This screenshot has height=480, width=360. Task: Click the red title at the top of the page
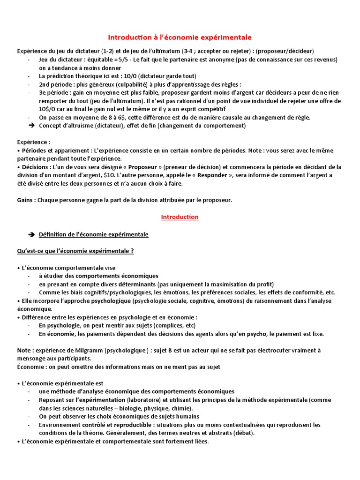[180, 37]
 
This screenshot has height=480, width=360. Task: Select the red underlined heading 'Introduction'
[180, 217]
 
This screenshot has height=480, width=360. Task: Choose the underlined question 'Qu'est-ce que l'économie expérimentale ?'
[75, 251]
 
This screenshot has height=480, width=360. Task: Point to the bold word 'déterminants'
[135, 284]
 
